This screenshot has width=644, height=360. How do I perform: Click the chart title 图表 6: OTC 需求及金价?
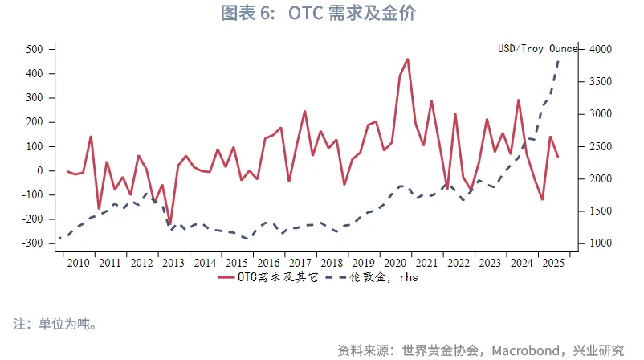321,14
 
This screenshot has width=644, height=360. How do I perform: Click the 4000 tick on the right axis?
602,49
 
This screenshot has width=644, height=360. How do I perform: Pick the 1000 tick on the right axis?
602,243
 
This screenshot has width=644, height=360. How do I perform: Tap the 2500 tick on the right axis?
602,146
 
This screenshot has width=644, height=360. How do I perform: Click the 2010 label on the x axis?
79,262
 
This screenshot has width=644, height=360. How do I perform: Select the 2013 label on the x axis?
173,262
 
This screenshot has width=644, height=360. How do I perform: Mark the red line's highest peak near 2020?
408,59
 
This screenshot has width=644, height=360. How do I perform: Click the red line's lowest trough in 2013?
169,224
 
